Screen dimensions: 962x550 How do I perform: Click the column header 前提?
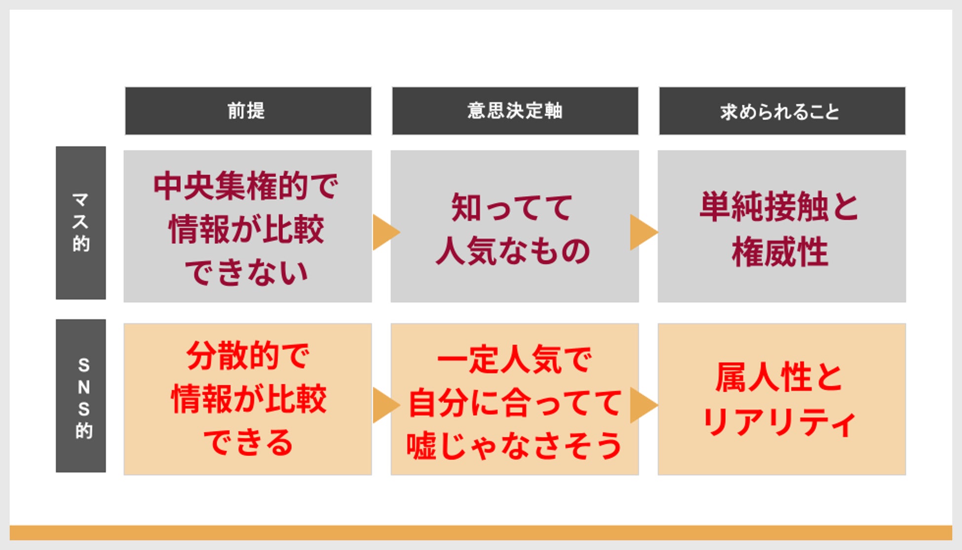(x=247, y=111)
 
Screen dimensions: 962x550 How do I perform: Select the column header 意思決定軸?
(x=515, y=111)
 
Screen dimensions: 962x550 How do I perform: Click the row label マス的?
(x=81, y=222)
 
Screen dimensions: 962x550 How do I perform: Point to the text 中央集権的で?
(x=246, y=186)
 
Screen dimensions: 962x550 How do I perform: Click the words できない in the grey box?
(x=246, y=272)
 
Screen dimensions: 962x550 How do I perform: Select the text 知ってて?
(x=513, y=207)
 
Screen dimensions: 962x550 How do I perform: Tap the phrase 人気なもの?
(x=513, y=251)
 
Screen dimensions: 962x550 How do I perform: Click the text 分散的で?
(x=248, y=356)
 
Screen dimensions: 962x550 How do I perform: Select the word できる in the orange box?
(x=248, y=442)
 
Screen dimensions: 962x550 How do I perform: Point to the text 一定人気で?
(x=514, y=359)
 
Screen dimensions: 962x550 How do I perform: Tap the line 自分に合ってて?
(x=514, y=403)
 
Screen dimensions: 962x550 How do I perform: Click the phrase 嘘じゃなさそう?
(x=514, y=446)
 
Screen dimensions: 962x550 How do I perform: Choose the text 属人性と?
(x=780, y=378)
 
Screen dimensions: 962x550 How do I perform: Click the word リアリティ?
(x=780, y=423)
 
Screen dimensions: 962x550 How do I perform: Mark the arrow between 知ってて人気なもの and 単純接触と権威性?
(x=642, y=232)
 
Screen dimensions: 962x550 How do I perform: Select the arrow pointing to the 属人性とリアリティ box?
(x=642, y=405)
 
